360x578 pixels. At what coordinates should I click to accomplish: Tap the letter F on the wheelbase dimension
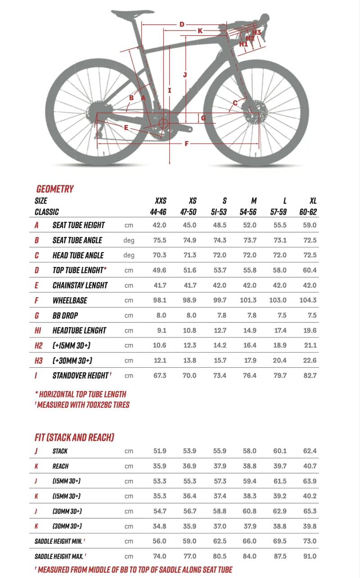(186, 144)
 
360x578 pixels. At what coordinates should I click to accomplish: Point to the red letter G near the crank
(203, 118)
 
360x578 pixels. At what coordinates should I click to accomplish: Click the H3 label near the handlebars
(256, 32)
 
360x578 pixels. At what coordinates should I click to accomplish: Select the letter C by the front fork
(235, 103)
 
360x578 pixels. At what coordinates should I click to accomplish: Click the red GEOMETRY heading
(55, 189)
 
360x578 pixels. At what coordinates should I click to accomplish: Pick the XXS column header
(160, 201)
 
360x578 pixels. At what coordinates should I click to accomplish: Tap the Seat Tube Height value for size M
(250, 225)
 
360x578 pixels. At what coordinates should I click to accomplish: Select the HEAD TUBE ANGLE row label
(78, 255)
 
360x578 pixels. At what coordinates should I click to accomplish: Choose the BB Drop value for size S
(220, 315)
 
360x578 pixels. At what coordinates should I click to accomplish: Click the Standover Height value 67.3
(160, 375)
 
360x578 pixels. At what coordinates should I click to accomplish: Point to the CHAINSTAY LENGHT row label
(80, 285)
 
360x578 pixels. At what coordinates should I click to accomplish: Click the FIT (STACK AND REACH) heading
(74, 437)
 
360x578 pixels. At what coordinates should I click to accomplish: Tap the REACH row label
(61, 466)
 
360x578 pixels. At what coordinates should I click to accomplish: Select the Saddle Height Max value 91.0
(310, 556)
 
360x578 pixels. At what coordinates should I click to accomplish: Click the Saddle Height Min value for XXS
(160, 541)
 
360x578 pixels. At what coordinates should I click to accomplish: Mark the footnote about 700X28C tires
(82, 405)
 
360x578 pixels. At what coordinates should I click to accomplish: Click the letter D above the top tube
(182, 24)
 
